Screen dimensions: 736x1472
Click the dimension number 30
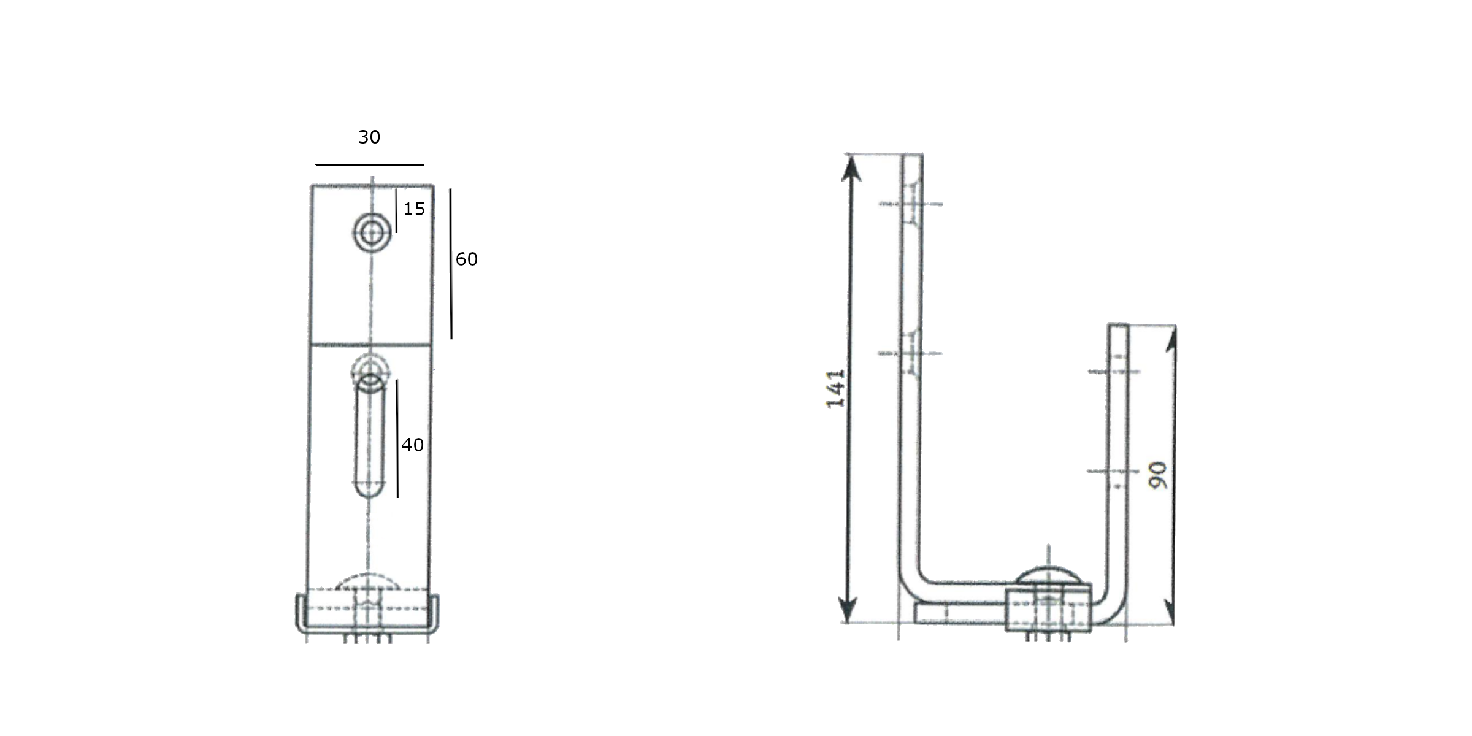[369, 137]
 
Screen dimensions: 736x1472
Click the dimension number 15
[414, 209]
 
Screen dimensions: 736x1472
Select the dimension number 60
[466, 259]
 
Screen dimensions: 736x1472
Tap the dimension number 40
[412, 445]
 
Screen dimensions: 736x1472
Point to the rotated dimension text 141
[835, 389]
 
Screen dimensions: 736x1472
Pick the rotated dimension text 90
[1158, 475]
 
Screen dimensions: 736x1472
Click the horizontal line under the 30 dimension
[370, 165]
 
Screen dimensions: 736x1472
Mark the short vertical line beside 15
[396, 210]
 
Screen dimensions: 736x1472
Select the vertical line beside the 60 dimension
[451, 264]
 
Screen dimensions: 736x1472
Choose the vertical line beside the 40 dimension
[397, 439]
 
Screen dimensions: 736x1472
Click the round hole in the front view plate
[372, 232]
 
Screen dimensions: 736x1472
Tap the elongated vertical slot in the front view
[370, 437]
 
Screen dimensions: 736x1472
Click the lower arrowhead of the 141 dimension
[848, 610]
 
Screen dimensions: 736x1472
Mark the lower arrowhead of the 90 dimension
[1170, 613]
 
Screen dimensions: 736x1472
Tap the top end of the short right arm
[1118, 326]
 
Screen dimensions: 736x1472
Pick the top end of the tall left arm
[912, 156]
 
